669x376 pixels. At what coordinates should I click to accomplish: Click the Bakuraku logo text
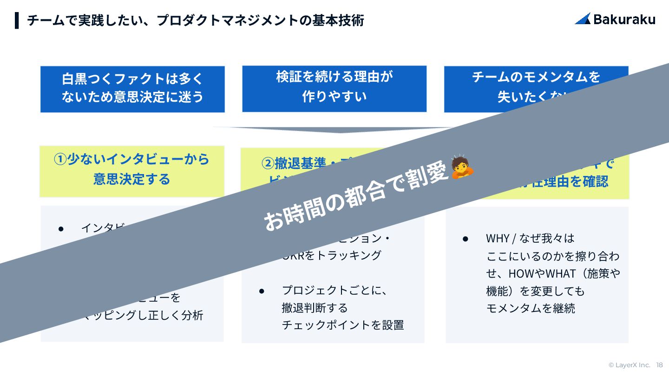[624, 19]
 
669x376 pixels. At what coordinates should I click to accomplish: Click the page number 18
[659, 365]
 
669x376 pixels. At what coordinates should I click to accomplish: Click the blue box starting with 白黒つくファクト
[132, 89]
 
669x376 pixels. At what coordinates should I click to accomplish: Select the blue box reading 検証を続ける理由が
[334, 88]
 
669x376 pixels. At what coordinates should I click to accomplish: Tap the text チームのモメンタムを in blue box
[536, 77]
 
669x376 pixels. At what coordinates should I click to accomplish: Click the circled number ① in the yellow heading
[60, 159]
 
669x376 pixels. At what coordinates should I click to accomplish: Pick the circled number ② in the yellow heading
[268, 163]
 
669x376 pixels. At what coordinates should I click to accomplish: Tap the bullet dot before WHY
[465, 238]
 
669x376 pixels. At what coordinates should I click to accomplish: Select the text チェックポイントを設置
[343, 325]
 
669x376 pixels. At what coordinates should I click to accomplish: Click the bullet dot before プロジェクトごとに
[262, 291]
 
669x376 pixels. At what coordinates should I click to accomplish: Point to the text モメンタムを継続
[531, 308]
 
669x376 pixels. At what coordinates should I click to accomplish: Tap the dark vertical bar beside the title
[17, 20]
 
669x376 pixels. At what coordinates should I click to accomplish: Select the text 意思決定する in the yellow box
[132, 179]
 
